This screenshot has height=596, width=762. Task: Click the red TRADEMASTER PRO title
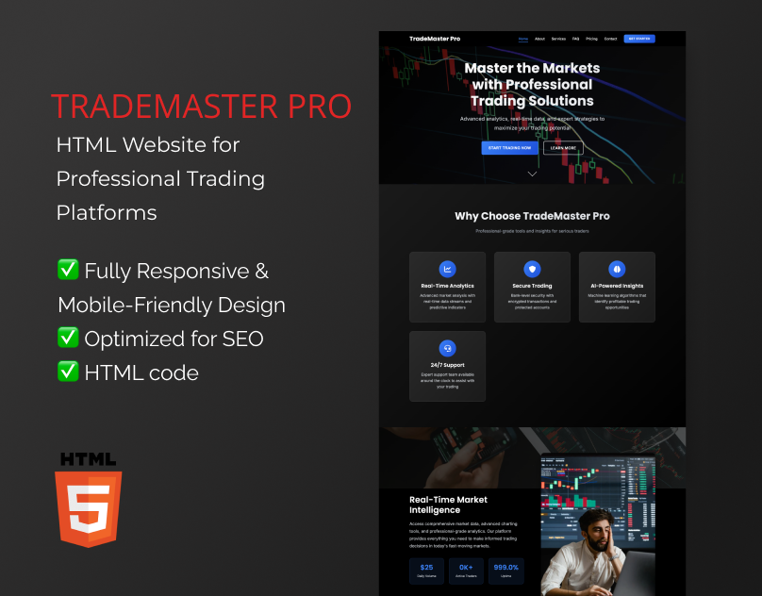tap(201, 106)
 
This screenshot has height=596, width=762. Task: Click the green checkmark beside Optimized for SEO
tap(68, 338)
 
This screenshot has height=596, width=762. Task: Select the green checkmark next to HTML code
tap(68, 371)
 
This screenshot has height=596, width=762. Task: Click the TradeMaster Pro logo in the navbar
tap(435, 39)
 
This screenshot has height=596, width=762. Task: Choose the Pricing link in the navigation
tap(591, 39)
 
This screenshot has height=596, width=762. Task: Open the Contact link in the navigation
tap(610, 39)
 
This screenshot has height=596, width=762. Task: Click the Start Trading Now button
tap(509, 148)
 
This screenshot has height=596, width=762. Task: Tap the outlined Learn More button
tap(563, 148)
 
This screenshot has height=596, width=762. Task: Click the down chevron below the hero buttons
tap(532, 174)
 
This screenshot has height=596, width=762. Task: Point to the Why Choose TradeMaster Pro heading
tap(532, 216)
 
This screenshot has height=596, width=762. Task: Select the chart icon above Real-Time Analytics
tap(448, 269)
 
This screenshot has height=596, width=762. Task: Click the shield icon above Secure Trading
tap(532, 269)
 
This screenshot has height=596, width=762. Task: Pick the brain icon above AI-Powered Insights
tap(617, 269)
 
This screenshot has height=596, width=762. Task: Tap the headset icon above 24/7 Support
tap(448, 348)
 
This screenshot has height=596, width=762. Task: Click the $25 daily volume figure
tap(426, 568)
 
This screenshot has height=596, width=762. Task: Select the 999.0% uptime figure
tap(506, 568)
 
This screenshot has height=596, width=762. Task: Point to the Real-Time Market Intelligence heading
tap(448, 505)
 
